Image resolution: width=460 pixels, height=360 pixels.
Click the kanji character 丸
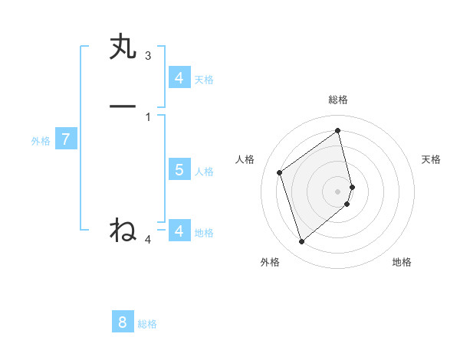123,47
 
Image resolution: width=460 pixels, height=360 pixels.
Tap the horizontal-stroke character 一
123,106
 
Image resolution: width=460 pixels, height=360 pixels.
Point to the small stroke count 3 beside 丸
148,56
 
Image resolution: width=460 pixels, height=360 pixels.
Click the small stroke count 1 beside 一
148,116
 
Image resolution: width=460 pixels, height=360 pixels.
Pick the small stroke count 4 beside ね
148,240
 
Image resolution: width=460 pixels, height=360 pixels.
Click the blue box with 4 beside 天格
179,77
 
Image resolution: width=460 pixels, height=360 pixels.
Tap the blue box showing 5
179,169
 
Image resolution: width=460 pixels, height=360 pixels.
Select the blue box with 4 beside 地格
179,231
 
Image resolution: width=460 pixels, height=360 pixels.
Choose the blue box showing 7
66,139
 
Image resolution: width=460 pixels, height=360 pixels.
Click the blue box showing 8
123,322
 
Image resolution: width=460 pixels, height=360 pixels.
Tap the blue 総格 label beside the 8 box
147,324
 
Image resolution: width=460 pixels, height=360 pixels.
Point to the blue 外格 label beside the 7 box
41,141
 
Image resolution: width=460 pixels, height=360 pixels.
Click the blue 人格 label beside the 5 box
205,171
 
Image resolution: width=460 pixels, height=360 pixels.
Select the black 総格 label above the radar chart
338,100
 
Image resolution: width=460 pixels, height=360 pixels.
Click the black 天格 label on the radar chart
431,159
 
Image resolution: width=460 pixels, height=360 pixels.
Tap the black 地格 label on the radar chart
402,263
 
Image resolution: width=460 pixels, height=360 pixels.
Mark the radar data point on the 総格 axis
338,130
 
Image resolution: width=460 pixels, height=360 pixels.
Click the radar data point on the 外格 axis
301,242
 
